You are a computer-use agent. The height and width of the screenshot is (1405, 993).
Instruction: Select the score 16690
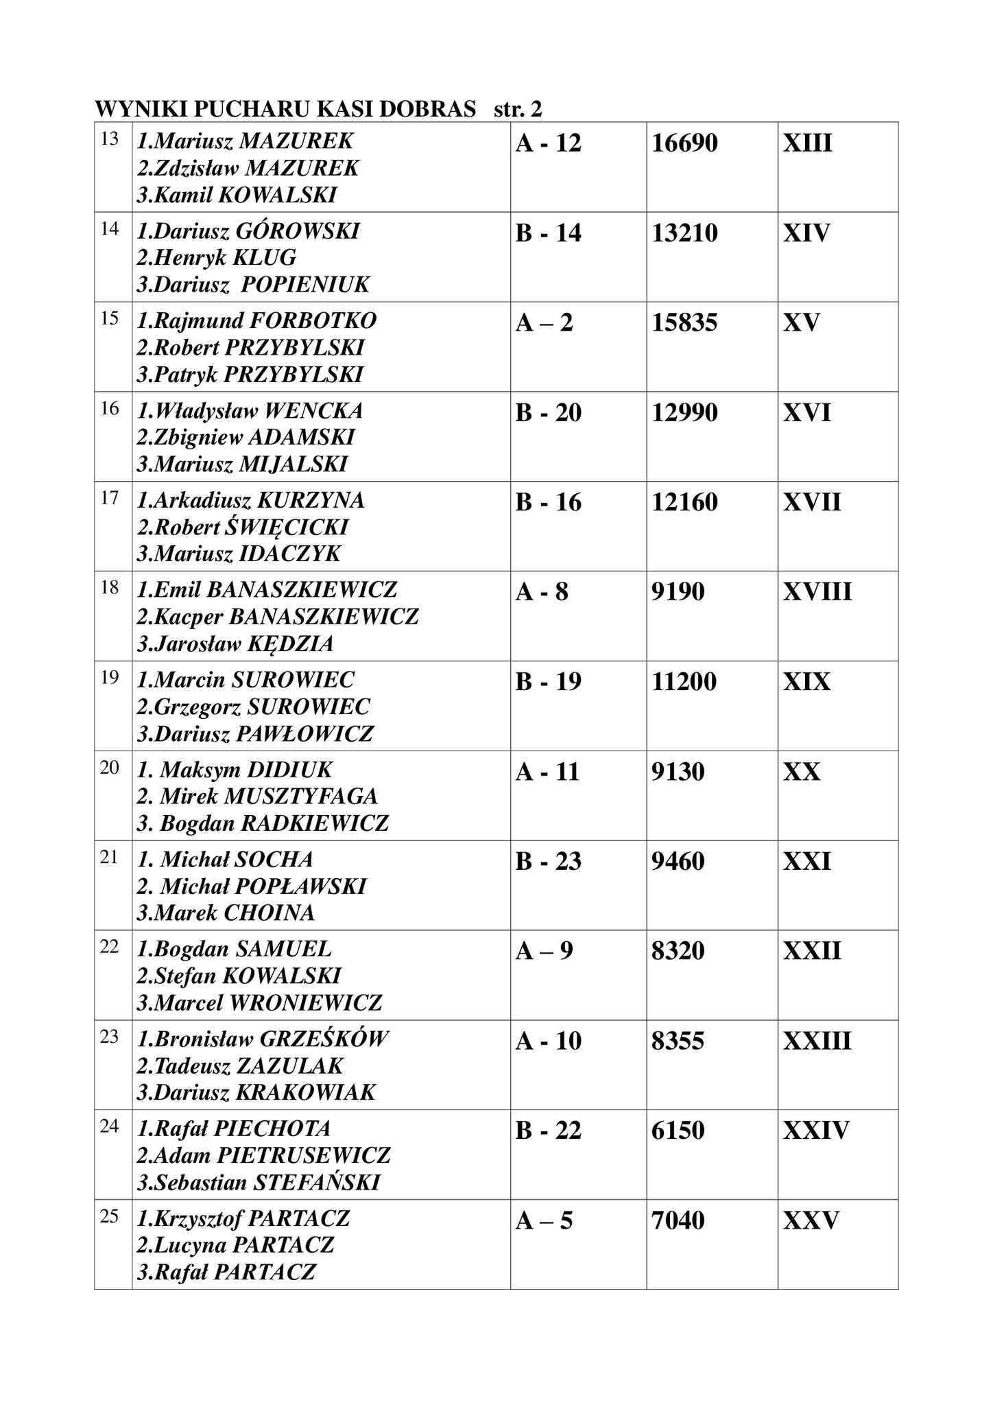684,143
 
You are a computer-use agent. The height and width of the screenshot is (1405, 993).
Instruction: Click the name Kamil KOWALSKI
237,196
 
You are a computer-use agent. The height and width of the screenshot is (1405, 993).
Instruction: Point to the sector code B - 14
548,233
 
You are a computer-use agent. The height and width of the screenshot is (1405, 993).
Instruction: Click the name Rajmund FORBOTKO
257,320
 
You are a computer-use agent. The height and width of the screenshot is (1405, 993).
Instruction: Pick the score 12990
684,412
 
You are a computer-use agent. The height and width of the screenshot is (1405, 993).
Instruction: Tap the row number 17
110,497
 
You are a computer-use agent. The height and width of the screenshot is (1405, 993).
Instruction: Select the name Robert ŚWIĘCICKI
243,527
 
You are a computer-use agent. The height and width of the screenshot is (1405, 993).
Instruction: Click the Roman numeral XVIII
817,591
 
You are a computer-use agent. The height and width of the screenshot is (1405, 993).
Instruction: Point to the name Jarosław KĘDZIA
236,644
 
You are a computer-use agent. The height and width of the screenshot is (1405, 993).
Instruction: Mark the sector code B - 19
548,681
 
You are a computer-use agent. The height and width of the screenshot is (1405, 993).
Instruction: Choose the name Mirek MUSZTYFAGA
258,796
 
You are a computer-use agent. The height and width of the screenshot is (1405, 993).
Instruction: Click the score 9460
678,861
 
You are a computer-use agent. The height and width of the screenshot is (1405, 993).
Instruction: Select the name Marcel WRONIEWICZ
260,1003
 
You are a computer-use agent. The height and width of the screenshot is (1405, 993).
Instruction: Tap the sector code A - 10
548,1041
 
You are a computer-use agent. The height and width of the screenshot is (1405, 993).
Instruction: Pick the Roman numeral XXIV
816,1130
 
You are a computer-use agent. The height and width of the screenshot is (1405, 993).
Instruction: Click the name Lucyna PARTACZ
236,1244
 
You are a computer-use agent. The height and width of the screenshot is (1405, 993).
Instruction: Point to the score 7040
678,1220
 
